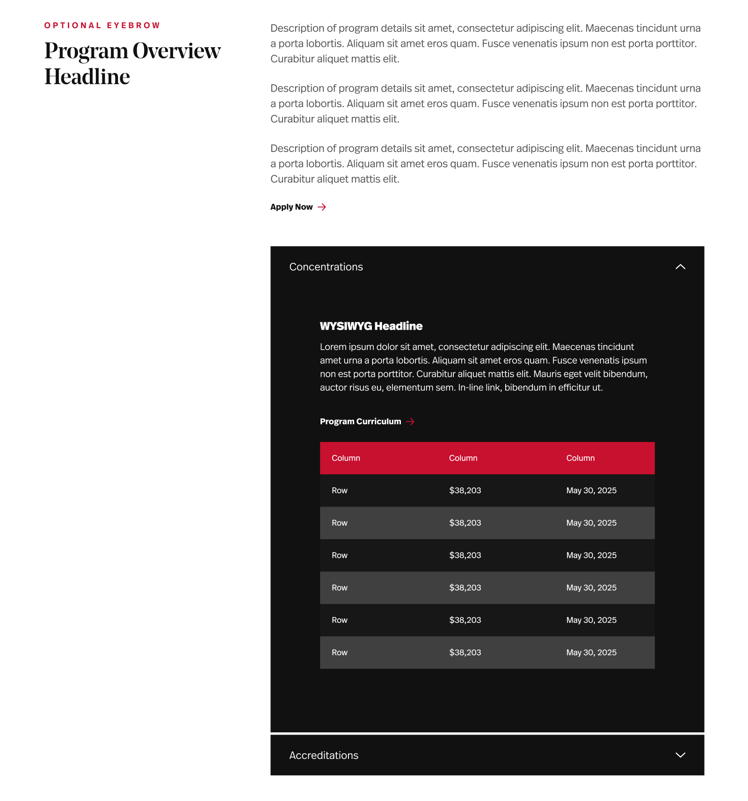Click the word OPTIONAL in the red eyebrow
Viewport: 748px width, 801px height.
pyautogui.click(x=73, y=26)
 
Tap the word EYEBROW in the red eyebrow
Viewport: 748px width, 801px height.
pyautogui.click(x=133, y=26)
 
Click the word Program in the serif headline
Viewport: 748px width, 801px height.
pyautogui.click(x=86, y=51)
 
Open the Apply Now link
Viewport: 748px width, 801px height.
pyautogui.click(x=291, y=207)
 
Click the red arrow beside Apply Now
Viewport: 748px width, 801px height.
pyautogui.click(x=322, y=207)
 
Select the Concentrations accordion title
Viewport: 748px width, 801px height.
pyautogui.click(x=326, y=267)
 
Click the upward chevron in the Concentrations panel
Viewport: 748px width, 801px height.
pyautogui.click(x=680, y=267)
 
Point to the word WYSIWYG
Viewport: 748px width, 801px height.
pyautogui.click(x=346, y=326)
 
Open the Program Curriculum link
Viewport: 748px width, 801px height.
pyautogui.click(x=360, y=422)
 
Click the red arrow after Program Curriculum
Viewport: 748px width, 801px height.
pyautogui.click(x=410, y=422)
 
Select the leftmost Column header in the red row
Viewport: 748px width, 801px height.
pyautogui.click(x=346, y=458)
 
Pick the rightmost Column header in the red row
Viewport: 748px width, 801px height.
pyautogui.click(x=580, y=458)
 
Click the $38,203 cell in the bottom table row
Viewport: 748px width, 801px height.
pyautogui.click(x=465, y=653)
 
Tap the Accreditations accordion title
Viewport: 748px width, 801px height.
pyautogui.click(x=324, y=756)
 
